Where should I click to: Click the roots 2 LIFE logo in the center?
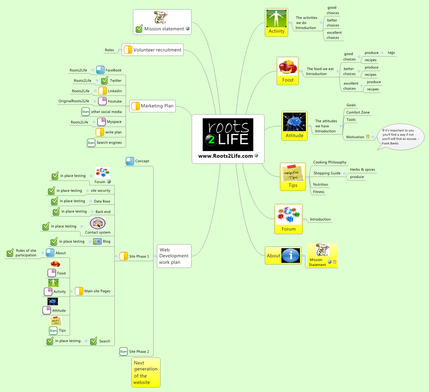coord(228,135)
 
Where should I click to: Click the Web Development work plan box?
coord(174,256)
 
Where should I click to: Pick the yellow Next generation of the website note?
coord(146,372)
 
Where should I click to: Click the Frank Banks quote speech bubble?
coord(400,137)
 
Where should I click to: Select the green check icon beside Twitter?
coord(105,81)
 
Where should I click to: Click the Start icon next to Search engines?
coord(91,143)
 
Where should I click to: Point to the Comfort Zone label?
coord(358,112)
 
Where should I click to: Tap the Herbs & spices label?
coord(362,170)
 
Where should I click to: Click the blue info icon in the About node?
coord(291,256)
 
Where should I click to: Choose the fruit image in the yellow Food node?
coord(288,67)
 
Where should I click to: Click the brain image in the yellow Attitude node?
coord(294,122)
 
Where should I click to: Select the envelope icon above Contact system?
coord(98,224)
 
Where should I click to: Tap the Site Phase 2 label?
coord(139,352)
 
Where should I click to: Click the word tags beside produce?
coord(391,53)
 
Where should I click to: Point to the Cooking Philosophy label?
coord(330,162)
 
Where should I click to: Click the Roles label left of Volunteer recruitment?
coord(109,50)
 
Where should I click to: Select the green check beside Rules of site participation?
coord(10,253)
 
